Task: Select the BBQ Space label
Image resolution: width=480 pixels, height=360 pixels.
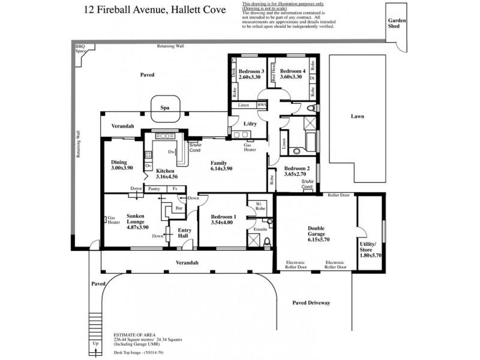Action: pyautogui.click(x=80, y=49)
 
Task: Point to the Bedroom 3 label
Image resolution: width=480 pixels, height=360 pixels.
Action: pyautogui.click(x=251, y=71)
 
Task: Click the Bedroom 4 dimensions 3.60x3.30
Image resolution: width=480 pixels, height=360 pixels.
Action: pyautogui.click(x=290, y=77)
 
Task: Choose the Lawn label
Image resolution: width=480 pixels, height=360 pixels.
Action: pyautogui.click(x=358, y=116)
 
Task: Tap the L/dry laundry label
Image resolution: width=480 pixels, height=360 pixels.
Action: pyautogui.click(x=250, y=124)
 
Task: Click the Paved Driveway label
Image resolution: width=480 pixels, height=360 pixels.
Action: pyautogui.click(x=310, y=303)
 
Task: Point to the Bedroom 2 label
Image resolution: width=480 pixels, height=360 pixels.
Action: pyautogui.click(x=296, y=169)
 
